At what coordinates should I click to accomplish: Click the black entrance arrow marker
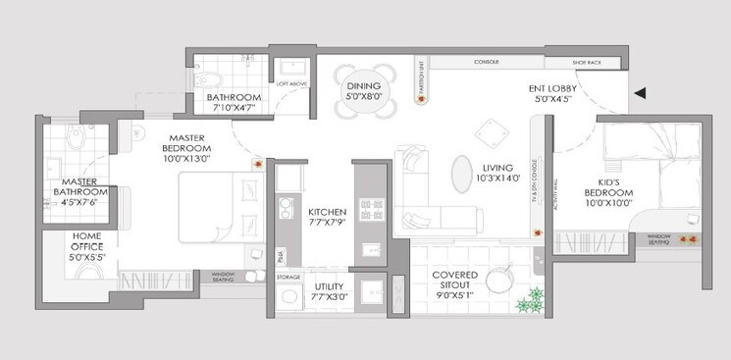pos(640,93)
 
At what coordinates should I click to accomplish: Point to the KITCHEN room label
pos(327,211)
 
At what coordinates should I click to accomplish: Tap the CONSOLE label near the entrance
pos(487,62)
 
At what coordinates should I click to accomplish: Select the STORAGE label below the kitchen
pos(287,278)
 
